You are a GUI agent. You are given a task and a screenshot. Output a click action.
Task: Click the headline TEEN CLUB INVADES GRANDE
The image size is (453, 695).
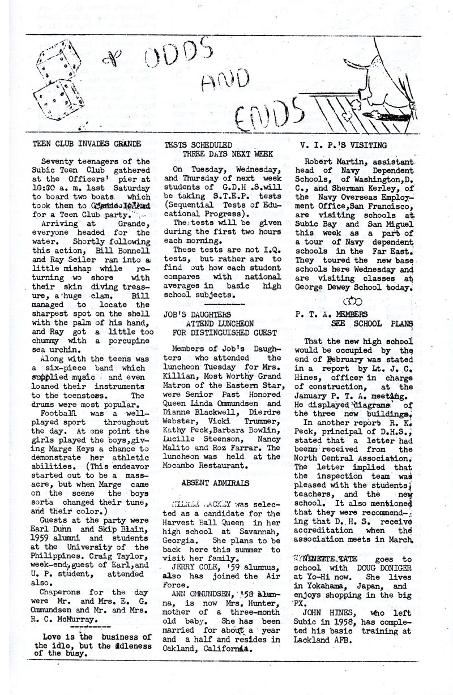click(87, 144)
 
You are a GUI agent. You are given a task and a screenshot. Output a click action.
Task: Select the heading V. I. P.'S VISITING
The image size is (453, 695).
click(344, 145)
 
